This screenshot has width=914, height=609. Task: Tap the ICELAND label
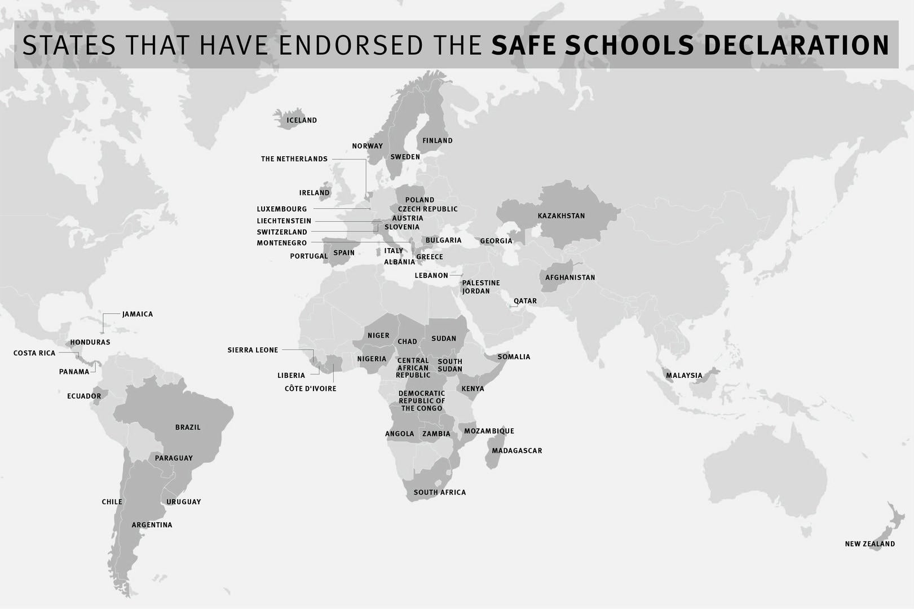click(x=302, y=120)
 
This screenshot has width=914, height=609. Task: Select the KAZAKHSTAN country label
click(x=561, y=216)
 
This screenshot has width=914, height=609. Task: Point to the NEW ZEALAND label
click(x=869, y=544)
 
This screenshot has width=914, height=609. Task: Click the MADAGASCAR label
click(x=516, y=451)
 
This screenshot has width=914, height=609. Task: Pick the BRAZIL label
click(x=188, y=427)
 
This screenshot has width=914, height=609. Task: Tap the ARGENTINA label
click(x=152, y=525)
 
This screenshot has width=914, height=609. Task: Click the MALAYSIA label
click(x=684, y=376)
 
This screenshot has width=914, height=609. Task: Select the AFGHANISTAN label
click(x=569, y=277)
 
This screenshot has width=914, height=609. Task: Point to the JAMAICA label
click(x=138, y=314)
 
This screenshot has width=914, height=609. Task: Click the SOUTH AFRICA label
click(x=439, y=492)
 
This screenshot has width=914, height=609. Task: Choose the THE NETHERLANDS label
click(x=294, y=159)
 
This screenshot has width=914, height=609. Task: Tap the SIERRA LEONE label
click(x=253, y=350)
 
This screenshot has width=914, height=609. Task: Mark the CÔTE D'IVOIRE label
click(x=310, y=389)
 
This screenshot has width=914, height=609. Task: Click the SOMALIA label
click(x=514, y=357)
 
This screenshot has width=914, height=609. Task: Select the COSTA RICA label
click(x=34, y=353)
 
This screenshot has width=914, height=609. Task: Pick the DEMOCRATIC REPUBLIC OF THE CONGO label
click(x=422, y=401)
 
